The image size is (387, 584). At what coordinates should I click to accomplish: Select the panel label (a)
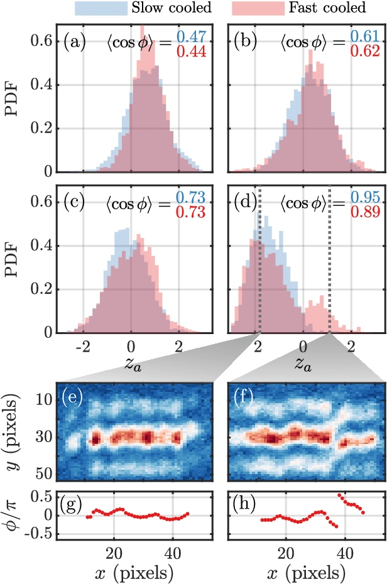75,43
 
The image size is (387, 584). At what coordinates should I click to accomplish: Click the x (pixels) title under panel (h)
305,573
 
